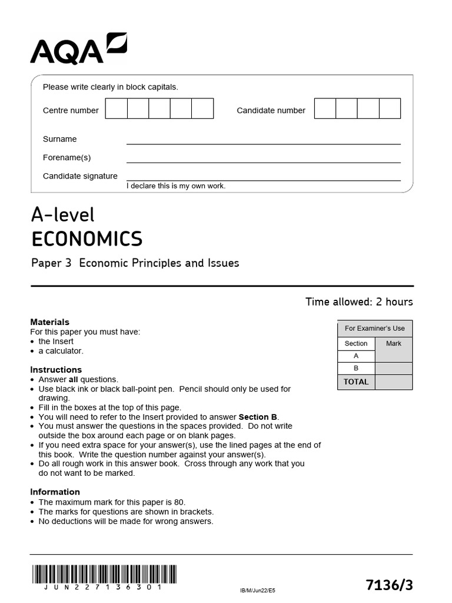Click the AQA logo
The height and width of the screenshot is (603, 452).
78,49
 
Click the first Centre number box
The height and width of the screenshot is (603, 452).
117,109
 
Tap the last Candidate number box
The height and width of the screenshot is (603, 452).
390,109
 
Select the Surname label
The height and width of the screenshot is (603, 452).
59,139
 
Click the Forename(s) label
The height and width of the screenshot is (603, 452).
67,157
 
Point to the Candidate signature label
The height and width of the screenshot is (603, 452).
80,175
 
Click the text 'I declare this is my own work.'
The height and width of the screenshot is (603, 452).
176,186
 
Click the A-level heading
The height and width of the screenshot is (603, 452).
62,215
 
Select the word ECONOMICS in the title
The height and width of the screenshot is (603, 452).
87,239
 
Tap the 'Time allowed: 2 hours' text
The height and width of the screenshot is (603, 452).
359,302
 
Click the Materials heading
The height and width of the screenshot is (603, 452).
49,322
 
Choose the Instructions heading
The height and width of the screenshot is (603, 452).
56,370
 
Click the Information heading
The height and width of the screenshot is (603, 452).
55,492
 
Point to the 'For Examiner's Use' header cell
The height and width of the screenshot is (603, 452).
375,328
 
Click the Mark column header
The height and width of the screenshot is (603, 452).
393,343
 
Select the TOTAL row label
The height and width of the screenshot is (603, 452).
355,382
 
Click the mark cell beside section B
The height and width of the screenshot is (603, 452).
393,368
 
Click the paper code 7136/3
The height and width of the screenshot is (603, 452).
389,585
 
